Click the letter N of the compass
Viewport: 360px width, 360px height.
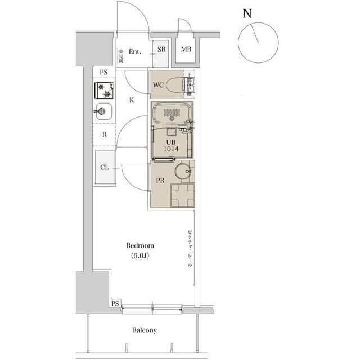pyautogui.click(x=246, y=14)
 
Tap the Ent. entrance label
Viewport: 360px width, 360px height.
pyautogui.click(x=135, y=52)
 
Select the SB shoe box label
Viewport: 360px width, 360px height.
pyautogui.click(x=161, y=49)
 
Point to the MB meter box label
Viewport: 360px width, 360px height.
pyautogui.click(x=186, y=49)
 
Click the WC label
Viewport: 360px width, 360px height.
pyautogui.click(x=159, y=85)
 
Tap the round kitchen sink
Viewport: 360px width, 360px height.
pyautogui.click(x=103, y=111)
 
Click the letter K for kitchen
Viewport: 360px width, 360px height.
pyautogui.click(x=131, y=100)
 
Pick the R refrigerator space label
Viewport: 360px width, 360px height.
pyautogui.click(x=104, y=135)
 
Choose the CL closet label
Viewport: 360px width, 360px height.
pyautogui.click(x=104, y=167)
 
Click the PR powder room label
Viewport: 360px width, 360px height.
pyautogui.click(x=160, y=181)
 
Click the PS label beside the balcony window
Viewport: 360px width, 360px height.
pyautogui.click(x=115, y=304)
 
